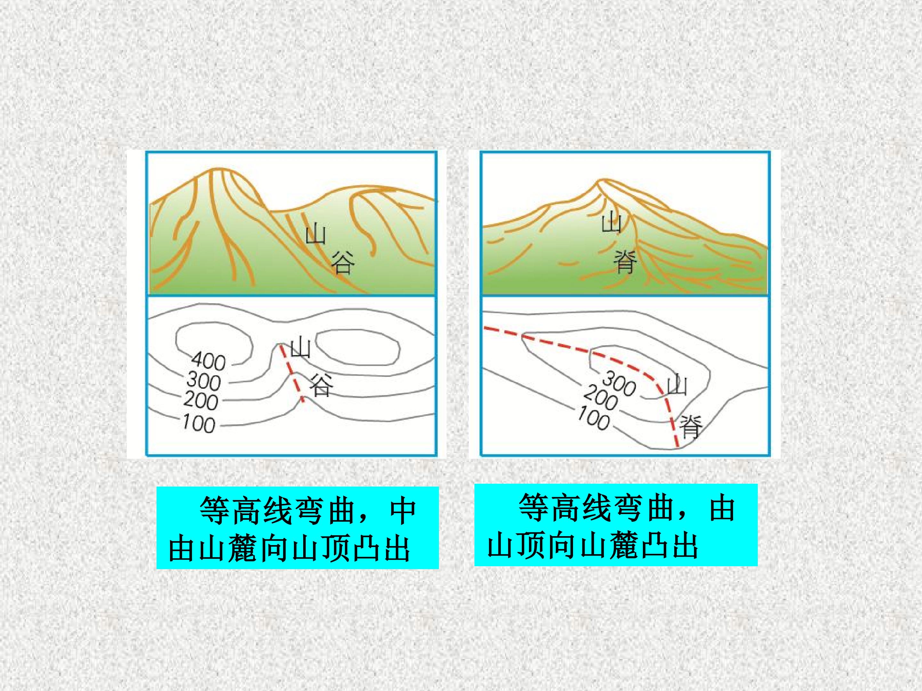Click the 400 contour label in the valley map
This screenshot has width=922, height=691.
point(209,361)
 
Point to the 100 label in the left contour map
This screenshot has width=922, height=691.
point(199,424)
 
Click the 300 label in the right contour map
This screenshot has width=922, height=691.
point(619,383)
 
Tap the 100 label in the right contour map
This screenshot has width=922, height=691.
point(594,418)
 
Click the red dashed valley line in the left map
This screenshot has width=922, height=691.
point(291,372)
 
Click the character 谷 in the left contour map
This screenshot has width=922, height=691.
point(321,386)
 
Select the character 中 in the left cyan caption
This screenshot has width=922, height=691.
point(403,511)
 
